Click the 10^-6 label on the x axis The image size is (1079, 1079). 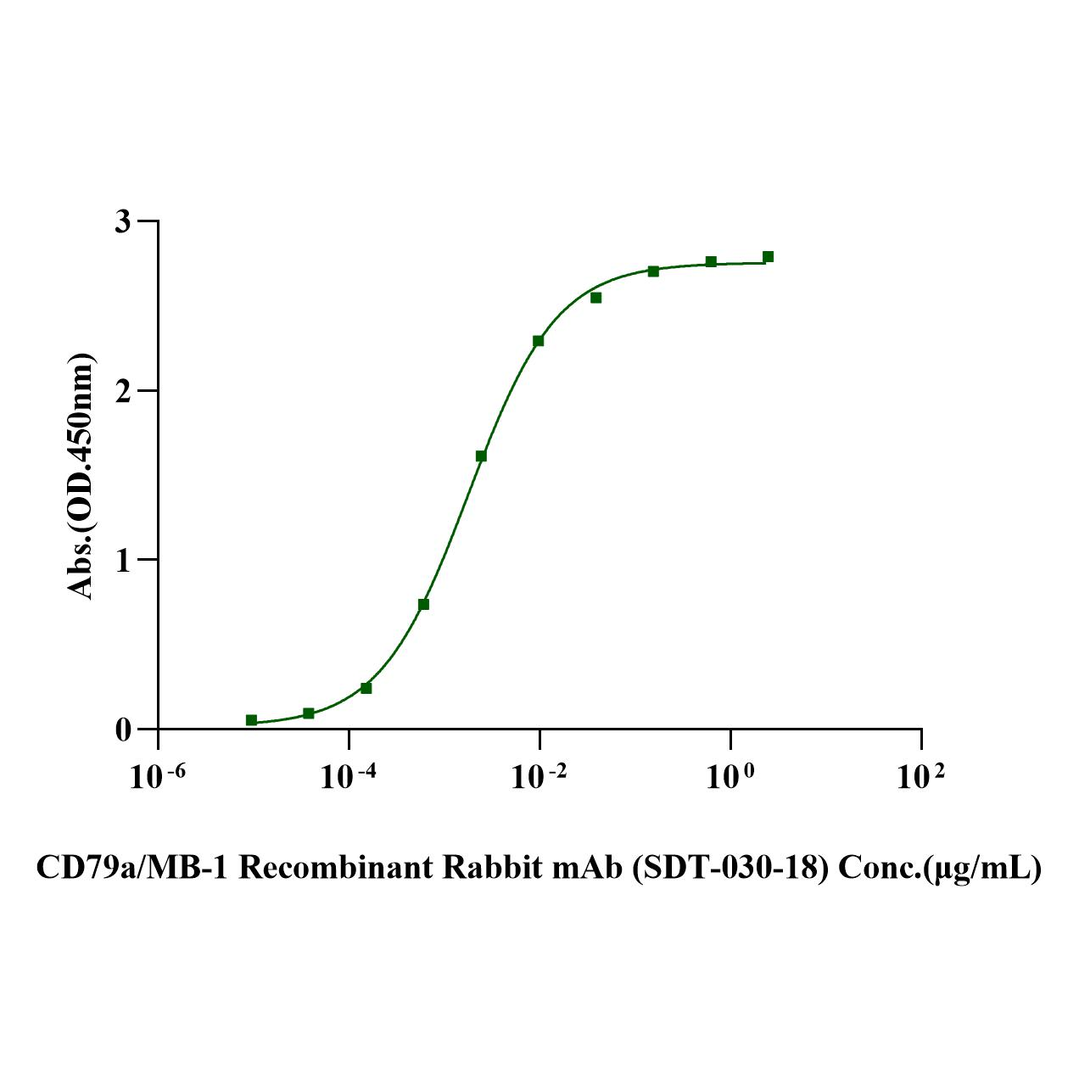click(158, 777)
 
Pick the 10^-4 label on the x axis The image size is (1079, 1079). click(349, 777)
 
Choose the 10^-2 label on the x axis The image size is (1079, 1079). click(539, 777)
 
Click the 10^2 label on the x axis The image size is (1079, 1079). click(920, 777)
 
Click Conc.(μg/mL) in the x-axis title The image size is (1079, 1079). click(939, 868)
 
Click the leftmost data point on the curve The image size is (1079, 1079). click(251, 720)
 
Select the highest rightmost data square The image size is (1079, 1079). click(768, 257)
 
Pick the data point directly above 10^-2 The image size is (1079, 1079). click(538, 341)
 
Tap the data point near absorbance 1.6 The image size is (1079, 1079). click(481, 456)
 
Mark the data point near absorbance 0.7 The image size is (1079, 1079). click(423, 605)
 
